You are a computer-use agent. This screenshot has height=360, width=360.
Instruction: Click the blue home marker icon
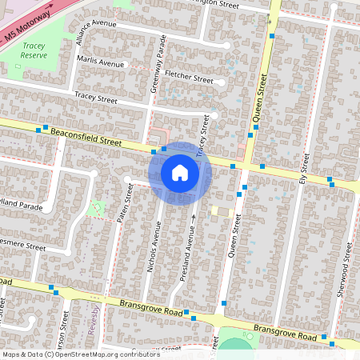(180, 172)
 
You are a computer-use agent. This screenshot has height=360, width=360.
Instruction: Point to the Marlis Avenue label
(101, 62)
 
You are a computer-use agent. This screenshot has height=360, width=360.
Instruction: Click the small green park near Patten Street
(98, 208)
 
